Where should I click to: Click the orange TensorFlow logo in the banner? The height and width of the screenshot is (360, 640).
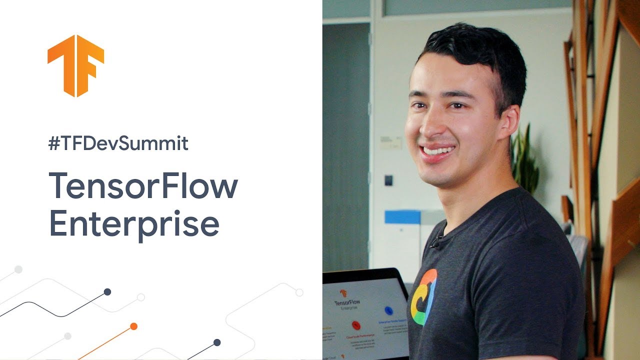click(x=75, y=65)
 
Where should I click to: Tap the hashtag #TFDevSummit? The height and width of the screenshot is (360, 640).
click(x=118, y=144)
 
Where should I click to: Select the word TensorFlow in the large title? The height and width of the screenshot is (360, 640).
click(x=143, y=186)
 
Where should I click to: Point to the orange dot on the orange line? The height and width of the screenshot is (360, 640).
click(x=133, y=326)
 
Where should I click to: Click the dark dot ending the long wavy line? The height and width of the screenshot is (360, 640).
click(x=107, y=292)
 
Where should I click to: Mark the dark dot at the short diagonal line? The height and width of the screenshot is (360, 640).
click(x=217, y=342)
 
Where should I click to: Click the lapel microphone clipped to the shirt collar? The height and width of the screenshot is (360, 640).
click(x=435, y=243)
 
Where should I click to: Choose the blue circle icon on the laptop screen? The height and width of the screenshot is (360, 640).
click(x=388, y=310)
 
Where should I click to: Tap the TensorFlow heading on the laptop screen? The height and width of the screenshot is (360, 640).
click(x=347, y=303)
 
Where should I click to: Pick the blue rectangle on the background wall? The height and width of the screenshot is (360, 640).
click(x=402, y=216)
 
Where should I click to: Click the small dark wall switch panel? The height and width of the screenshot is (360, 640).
click(x=388, y=180)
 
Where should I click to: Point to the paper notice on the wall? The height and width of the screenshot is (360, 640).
click(x=390, y=142)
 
